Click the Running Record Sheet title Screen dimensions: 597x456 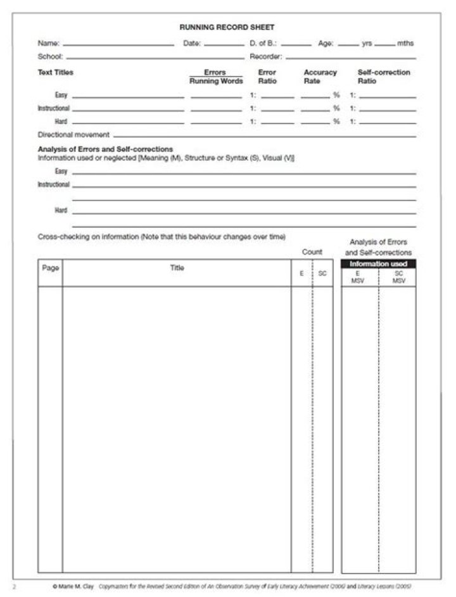tap(227, 27)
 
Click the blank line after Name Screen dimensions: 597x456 tap(118, 45)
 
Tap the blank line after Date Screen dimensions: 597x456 tap(224, 45)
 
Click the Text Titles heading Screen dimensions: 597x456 tap(56, 72)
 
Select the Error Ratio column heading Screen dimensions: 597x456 tap(267, 77)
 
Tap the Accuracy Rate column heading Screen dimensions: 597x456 tap(320, 77)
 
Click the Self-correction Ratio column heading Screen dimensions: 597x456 tap(384, 77)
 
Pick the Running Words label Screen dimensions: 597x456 tap(216, 81)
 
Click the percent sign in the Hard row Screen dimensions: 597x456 tap(336, 122)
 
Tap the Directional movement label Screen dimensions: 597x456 tap(73, 135)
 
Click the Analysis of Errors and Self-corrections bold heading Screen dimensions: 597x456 tap(105, 149)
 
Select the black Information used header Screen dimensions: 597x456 tap(379, 263)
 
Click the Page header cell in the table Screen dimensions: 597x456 tap(51, 268)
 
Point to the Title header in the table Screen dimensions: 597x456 tap(177, 268)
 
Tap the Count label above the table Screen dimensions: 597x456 tap(312, 252)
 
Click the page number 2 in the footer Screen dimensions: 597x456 tap(15, 586)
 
